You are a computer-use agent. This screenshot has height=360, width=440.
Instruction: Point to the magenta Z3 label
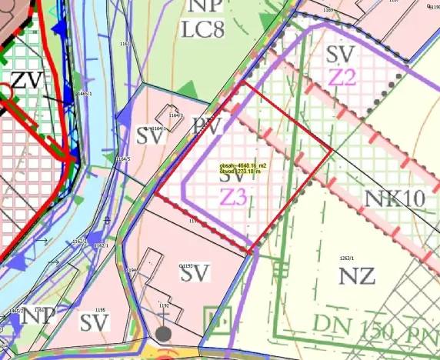[234, 196]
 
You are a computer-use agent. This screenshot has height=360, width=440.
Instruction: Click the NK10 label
[395, 198]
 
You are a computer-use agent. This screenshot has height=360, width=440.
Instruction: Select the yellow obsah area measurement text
[242, 165]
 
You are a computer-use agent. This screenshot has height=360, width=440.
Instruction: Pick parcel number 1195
[100, 310]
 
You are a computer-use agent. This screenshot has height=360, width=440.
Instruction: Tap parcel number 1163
[125, 45]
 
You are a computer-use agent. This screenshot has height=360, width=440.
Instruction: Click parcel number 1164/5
[123, 159]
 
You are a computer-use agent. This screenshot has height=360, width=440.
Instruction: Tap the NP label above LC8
[205, 6]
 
